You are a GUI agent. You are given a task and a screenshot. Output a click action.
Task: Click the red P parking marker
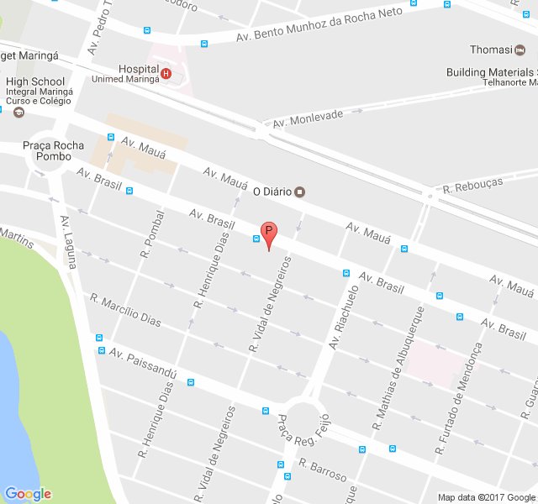tap(268, 233)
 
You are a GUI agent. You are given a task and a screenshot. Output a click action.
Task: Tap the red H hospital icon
tap(166, 74)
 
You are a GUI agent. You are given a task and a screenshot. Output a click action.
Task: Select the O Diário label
tap(272, 192)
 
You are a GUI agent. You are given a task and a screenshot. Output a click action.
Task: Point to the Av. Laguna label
tap(69, 242)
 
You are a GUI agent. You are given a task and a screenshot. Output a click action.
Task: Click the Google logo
tap(28, 494)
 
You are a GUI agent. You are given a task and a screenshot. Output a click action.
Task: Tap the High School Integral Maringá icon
tap(18, 110)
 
